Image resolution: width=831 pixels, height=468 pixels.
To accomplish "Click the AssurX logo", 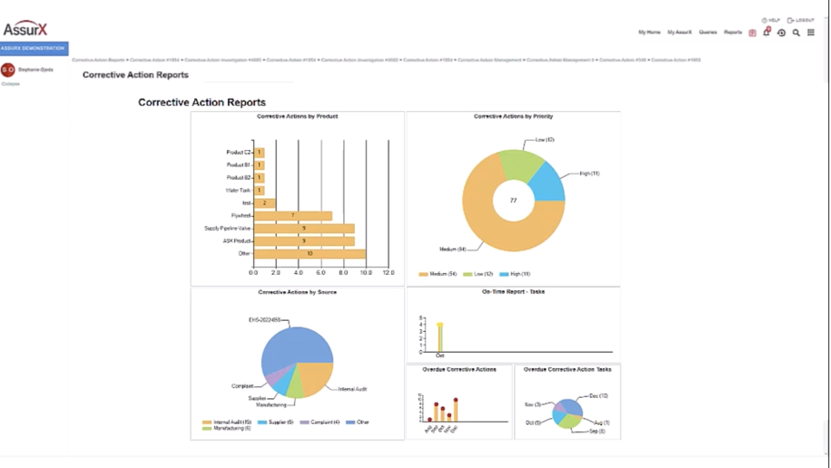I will [x=25, y=29].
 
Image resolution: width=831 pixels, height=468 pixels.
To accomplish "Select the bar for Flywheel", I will [x=292, y=216].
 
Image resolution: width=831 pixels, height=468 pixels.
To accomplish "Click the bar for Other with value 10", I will [x=309, y=254].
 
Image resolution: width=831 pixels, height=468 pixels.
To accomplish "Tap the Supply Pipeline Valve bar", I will [x=304, y=228].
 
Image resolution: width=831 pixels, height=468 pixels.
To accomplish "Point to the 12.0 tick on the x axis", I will [x=388, y=273].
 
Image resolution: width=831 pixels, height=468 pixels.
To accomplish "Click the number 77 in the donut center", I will [x=513, y=201].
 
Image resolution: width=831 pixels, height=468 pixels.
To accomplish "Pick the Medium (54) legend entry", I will [x=438, y=274].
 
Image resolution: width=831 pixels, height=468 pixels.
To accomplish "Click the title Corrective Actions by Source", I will [x=297, y=292].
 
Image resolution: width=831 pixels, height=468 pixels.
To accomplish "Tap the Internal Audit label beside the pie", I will [x=352, y=389].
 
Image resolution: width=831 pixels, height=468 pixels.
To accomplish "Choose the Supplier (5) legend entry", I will [x=276, y=422].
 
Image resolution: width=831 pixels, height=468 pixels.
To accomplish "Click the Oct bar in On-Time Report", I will [x=440, y=338].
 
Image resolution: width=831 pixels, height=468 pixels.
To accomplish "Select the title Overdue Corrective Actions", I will [x=459, y=369].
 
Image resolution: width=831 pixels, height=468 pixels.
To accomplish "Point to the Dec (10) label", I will [x=598, y=396].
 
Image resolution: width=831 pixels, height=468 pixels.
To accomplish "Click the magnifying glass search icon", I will [x=796, y=33].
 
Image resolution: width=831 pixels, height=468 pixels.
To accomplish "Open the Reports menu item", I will [x=732, y=32].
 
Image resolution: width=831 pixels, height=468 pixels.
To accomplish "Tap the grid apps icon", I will [x=811, y=33].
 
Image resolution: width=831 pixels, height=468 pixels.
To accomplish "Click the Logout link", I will [x=801, y=20].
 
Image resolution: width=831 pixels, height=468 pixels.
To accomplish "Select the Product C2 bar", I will [x=259, y=152].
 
